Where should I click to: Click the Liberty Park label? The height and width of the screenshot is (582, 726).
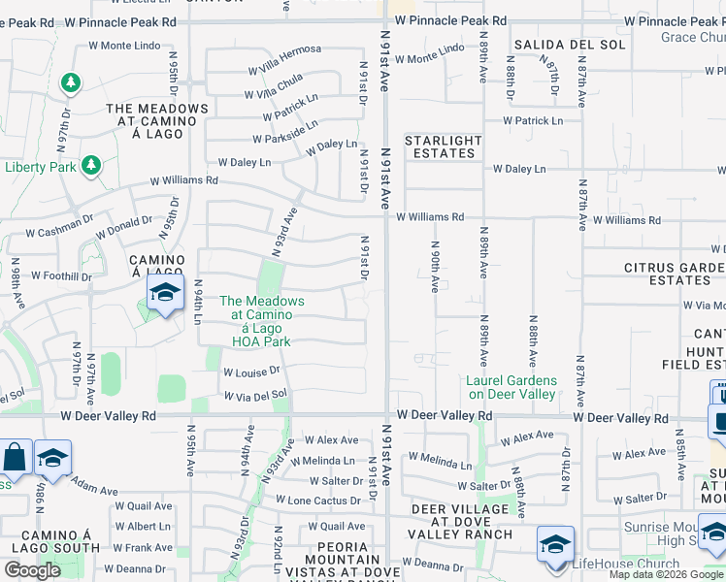point(41,167)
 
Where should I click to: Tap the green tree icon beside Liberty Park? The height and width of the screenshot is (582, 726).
point(90,166)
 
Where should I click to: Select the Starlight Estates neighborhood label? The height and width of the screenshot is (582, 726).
point(444,146)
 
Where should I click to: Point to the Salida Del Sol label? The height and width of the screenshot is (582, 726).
point(558,45)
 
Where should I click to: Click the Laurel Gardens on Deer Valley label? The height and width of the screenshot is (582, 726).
point(511,387)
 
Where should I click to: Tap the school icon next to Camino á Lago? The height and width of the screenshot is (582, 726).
point(165,294)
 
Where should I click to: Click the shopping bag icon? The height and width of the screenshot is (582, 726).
point(16,458)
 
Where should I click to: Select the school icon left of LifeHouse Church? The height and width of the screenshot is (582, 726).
point(554,544)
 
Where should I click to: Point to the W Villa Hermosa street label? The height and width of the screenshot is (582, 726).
point(284,59)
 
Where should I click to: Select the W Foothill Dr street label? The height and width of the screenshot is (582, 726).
point(61,275)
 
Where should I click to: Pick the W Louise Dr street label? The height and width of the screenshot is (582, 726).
point(251,372)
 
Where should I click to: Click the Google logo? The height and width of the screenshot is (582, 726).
point(32,569)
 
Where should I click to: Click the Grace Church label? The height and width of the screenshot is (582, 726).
point(692,37)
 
